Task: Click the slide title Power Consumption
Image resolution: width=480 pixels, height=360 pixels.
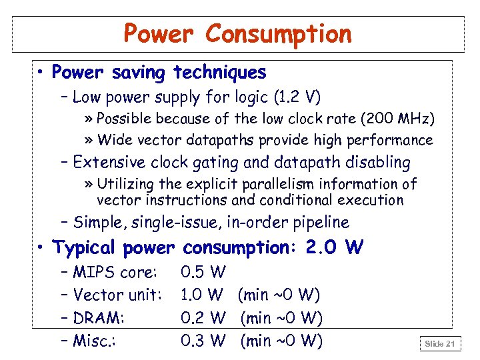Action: (238, 33)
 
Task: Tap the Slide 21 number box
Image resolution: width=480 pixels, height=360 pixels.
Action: (441, 343)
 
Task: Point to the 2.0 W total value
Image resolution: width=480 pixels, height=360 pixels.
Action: (335, 248)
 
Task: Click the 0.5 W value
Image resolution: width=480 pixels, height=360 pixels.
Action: (203, 273)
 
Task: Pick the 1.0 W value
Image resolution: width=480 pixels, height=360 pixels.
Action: (202, 295)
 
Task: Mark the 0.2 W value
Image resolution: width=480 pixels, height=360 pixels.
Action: (203, 318)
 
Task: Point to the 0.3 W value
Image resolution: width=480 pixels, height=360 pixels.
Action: (203, 341)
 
